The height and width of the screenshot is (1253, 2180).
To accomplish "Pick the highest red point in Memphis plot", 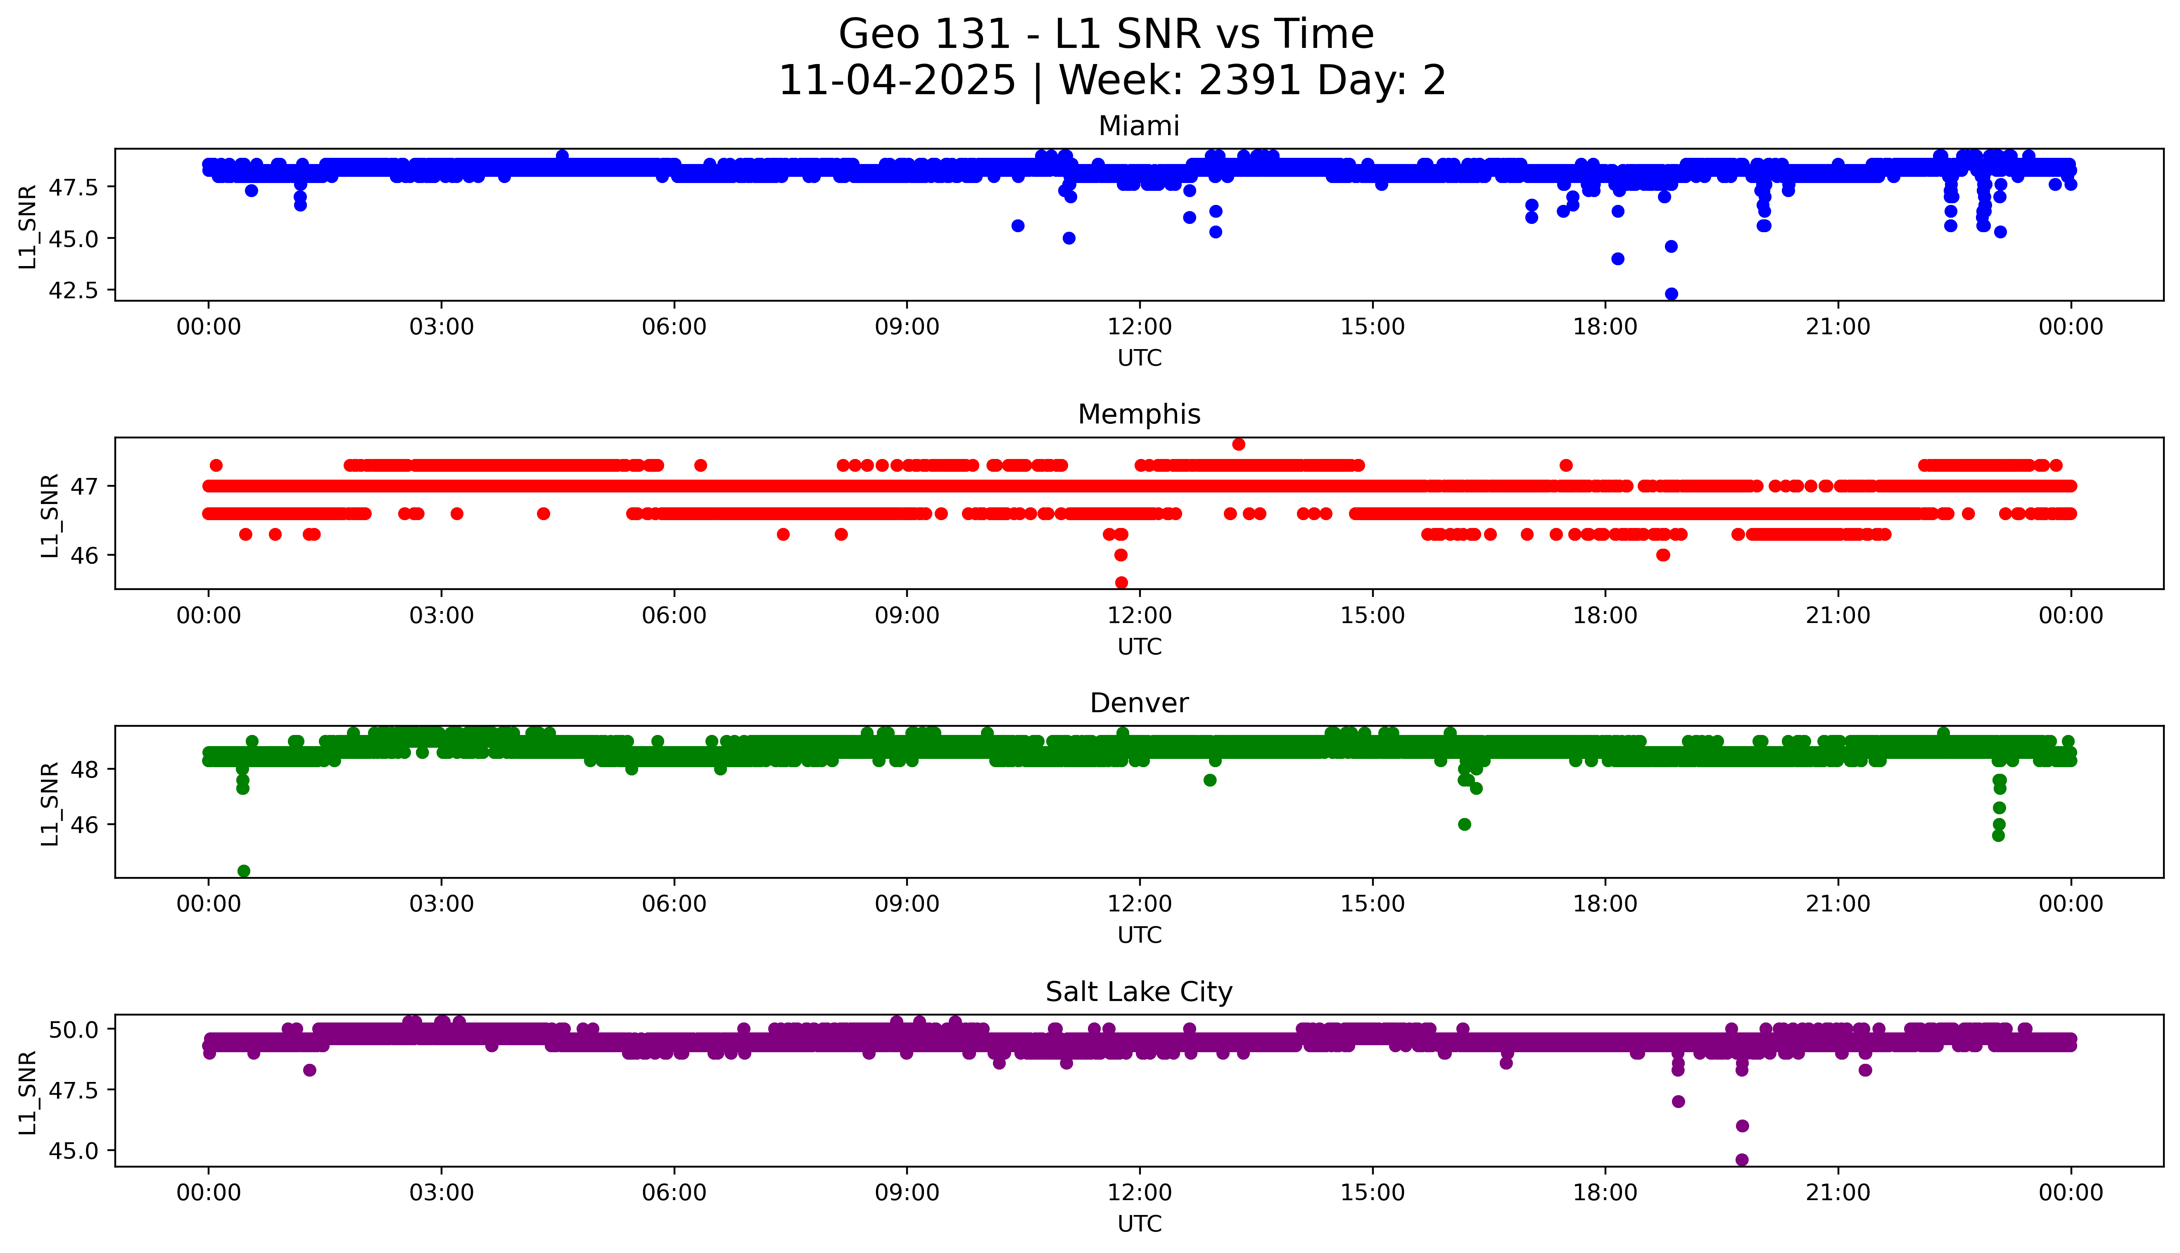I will (x=1238, y=444).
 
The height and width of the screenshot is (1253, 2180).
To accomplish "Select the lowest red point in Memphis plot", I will (x=1121, y=583).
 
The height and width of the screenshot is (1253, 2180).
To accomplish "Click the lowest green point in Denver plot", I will (x=243, y=871).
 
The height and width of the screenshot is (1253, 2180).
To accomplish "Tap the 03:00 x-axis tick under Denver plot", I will (x=442, y=903).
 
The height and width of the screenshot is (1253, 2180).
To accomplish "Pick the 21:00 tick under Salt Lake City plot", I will (x=1838, y=1193).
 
